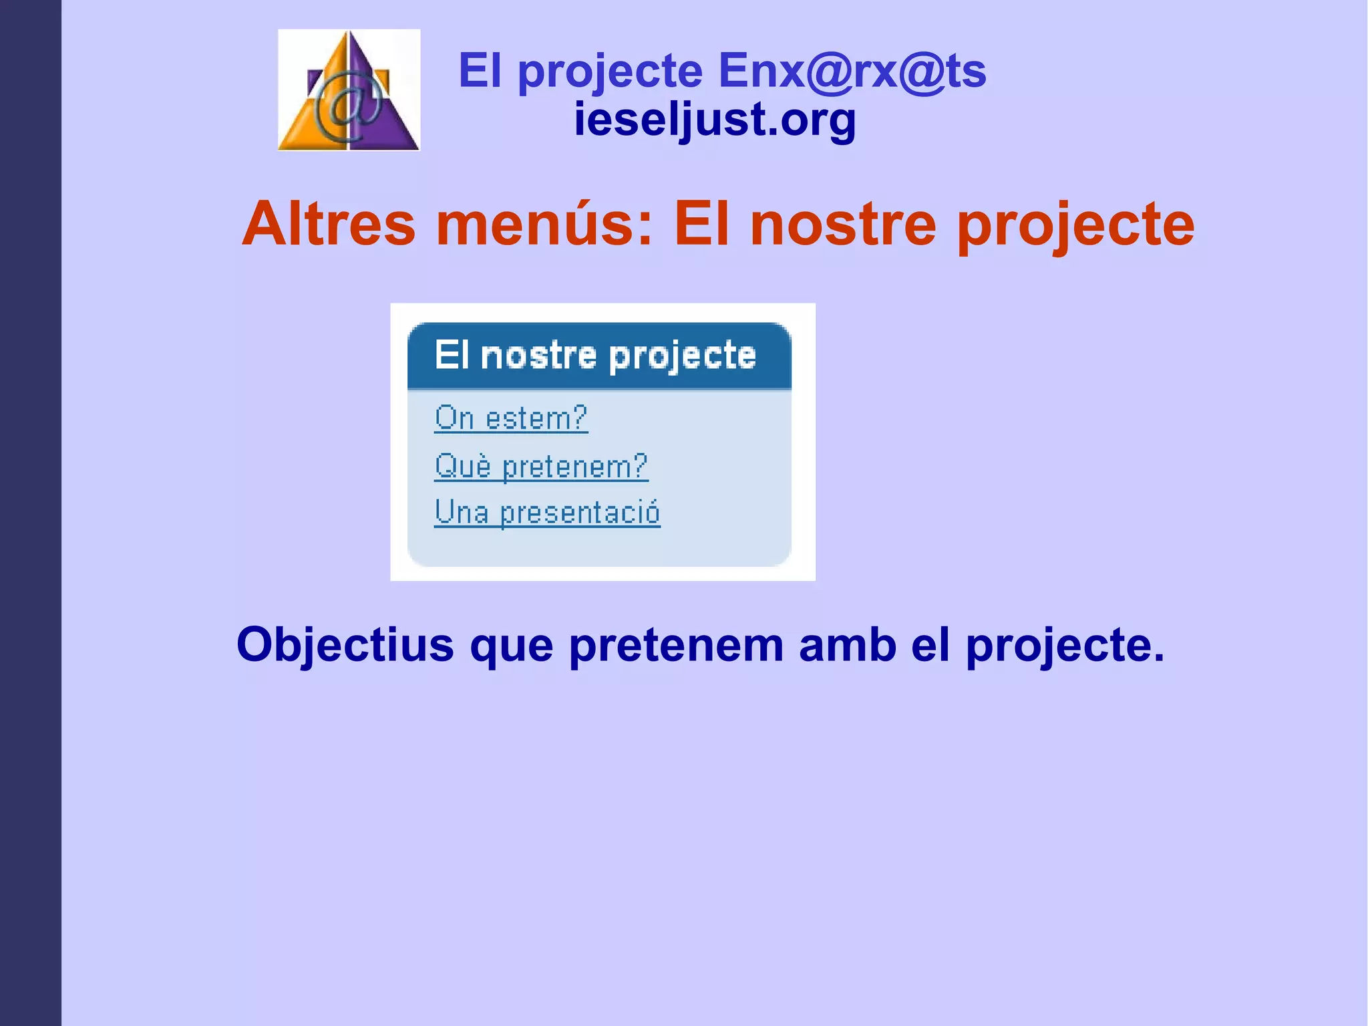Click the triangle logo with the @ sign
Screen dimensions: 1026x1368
click(349, 90)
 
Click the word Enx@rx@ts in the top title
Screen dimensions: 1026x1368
click(852, 70)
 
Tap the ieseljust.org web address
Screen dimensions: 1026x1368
click(715, 120)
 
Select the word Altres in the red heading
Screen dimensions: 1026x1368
click(329, 224)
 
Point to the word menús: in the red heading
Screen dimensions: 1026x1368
click(544, 224)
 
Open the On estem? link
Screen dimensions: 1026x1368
click(511, 418)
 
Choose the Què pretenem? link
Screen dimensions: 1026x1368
click(541, 466)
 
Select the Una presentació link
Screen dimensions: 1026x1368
click(547, 513)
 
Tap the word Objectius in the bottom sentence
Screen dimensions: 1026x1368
click(345, 645)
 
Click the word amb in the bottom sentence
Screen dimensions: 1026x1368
click(847, 645)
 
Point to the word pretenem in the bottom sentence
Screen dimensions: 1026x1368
click(676, 645)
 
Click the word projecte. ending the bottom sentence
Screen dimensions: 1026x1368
click(1065, 645)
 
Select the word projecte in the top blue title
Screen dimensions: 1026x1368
click(610, 72)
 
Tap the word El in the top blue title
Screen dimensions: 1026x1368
click(480, 70)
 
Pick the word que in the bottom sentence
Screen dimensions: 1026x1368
click(511, 646)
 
